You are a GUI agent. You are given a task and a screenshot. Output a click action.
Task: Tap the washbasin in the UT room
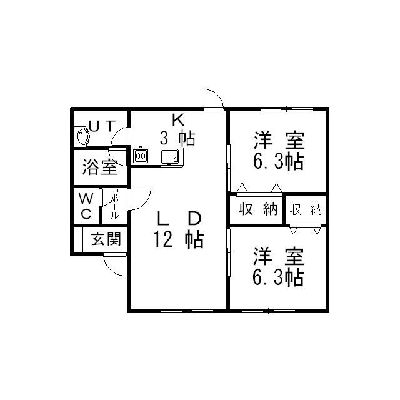click(x=82, y=136)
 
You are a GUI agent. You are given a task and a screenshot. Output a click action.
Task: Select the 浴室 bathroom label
click(x=100, y=167)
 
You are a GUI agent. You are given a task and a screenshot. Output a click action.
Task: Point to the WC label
click(x=86, y=206)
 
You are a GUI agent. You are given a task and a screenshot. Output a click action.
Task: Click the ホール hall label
click(x=114, y=206)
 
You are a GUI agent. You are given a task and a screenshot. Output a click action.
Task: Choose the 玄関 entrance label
click(x=106, y=239)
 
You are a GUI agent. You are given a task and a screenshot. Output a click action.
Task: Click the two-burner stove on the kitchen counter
click(x=141, y=156)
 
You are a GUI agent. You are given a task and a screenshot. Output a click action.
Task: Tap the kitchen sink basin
click(x=169, y=156)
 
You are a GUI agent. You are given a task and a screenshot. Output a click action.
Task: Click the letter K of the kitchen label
click(x=178, y=120)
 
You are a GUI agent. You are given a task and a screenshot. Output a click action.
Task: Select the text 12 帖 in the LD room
click(x=178, y=239)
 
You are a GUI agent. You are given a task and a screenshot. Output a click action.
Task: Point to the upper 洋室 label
click(x=279, y=140)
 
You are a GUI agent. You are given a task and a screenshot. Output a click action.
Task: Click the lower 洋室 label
click(x=279, y=256)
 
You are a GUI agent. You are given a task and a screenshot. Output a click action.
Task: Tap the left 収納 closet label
click(x=258, y=209)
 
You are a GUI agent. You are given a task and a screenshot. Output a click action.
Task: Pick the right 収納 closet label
click(x=306, y=210)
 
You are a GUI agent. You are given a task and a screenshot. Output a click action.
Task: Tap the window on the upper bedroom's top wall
click(x=287, y=109)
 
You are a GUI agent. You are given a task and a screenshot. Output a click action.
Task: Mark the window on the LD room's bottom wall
click(x=187, y=311)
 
